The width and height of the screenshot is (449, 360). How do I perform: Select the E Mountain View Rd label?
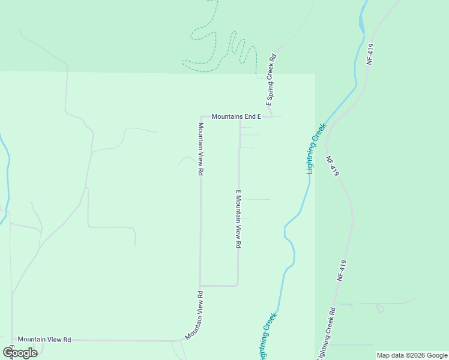238,219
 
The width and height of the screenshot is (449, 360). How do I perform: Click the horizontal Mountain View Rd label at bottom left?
44,340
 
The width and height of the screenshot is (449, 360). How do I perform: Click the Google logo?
20,352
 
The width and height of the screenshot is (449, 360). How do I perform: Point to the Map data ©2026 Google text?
412,355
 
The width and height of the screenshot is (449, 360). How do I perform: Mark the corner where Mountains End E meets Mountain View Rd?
200,117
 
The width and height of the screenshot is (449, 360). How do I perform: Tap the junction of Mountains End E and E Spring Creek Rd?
271,116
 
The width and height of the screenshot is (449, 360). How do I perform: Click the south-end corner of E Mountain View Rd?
238,285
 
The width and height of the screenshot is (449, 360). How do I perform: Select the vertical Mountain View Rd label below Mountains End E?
201,149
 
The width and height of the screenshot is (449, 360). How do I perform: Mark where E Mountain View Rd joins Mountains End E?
240,117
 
